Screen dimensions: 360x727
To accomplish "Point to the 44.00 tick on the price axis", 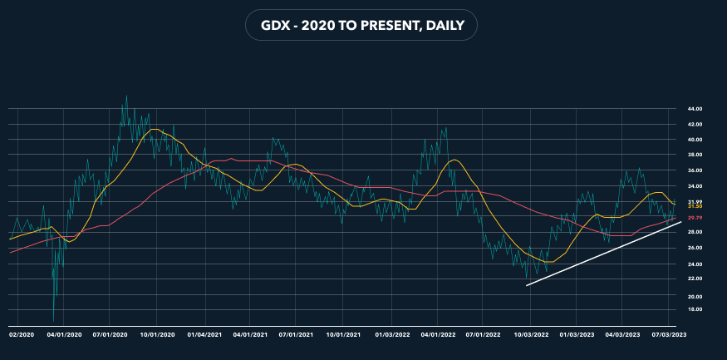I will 695,109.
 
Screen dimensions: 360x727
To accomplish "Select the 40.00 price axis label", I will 695,140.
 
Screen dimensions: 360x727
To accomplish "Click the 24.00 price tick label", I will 695,264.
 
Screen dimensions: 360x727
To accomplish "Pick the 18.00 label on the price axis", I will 695,309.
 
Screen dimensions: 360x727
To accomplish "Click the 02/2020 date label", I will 21,333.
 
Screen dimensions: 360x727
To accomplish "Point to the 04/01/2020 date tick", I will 64,333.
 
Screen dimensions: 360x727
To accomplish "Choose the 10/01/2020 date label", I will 158,333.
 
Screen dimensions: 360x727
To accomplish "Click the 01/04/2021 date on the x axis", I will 204,333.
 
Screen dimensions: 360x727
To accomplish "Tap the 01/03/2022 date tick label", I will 392,333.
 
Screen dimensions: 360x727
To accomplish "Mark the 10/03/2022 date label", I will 528,333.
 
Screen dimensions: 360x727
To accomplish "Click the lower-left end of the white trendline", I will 527,286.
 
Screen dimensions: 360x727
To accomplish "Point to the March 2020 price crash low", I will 54,321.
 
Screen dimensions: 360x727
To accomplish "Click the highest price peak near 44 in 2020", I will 126,96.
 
